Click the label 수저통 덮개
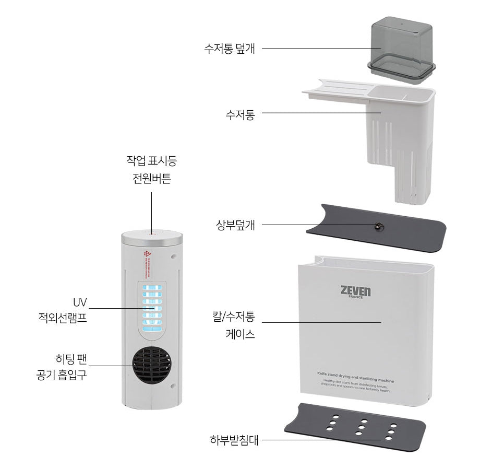[x=230, y=49]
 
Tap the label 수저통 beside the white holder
[x=240, y=114]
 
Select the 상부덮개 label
[x=235, y=226]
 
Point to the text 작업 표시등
[x=151, y=160]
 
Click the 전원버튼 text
[x=151, y=179]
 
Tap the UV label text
[x=80, y=302]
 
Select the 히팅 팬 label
[x=71, y=359]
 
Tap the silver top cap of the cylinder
[x=152, y=238]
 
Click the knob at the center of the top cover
[x=376, y=226]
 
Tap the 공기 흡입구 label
[x=62, y=376]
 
